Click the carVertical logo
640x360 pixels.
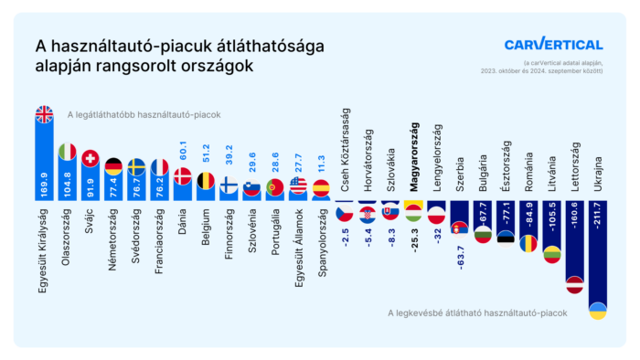pos(553,45)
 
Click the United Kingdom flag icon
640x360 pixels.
pos(44,114)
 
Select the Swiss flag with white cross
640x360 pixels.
pos(91,158)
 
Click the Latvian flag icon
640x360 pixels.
pos(574,284)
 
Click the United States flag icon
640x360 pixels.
pos(298,185)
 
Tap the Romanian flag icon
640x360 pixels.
pos(529,244)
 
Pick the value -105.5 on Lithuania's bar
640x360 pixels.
pos(551,221)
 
